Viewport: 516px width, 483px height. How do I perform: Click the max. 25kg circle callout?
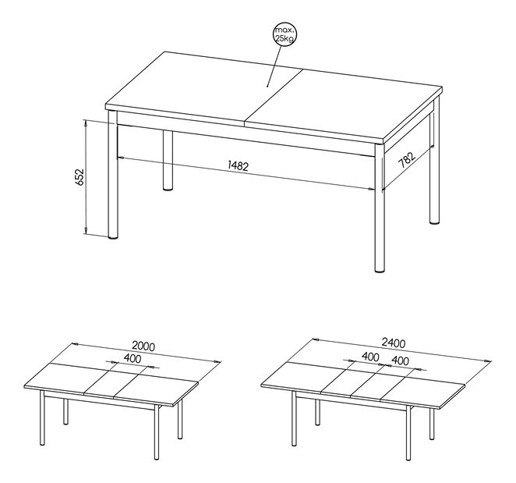pos(285,35)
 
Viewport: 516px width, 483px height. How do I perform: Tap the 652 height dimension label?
pos(80,177)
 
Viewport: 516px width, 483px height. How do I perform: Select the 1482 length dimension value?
pos(239,165)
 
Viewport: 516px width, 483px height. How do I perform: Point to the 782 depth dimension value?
pos(407,159)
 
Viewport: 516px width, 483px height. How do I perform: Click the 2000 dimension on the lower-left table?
pos(143,346)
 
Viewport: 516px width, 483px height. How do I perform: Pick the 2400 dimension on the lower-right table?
pos(394,343)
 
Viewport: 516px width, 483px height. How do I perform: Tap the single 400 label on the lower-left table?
pos(132,358)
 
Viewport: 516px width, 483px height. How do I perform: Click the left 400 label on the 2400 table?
pos(370,357)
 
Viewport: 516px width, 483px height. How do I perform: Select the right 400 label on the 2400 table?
pos(400,361)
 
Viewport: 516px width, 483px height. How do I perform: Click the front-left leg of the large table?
pos(112,174)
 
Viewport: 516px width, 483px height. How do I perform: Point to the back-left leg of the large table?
pos(168,161)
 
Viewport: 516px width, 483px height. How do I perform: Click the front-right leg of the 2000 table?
pos(157,432)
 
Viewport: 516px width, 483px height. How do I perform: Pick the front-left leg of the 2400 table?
pos(294,418)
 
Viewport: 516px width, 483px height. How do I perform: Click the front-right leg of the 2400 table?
pos(408,432)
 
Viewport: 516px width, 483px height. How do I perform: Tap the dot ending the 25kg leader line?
pos(267,87)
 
